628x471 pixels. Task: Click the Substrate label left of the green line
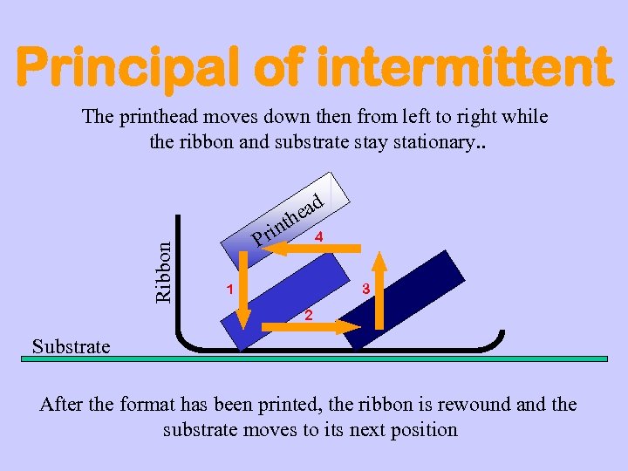pyautogui.click(x=72, y=347)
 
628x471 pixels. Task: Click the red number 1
pyautogui.click(x=229, y=289)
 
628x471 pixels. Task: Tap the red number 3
pyautogui.click(x=366, y=289)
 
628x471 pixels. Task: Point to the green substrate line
pyautogui.click(x=349, y=358)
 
